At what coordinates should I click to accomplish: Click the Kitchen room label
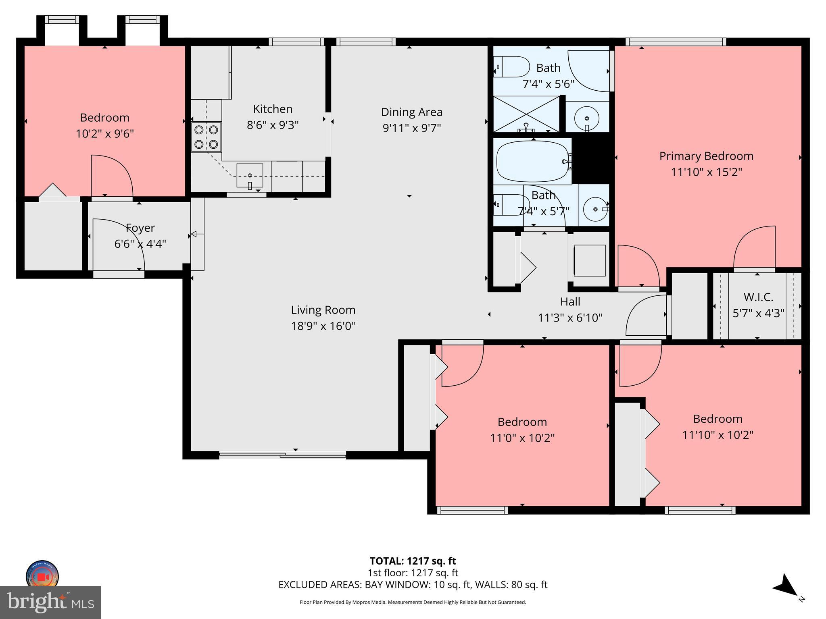click(x=273, y=109)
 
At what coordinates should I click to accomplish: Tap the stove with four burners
click(x=206, y=137)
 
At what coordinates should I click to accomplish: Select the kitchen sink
click(x=250, y=176)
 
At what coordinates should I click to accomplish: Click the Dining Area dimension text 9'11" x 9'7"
click(x=411, y=128)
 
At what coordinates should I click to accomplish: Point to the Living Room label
click(x=323, y=310)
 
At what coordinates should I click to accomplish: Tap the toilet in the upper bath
click(x=511, y=67)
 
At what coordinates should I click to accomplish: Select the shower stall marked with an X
click(x=526, y=114)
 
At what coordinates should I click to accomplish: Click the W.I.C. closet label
click(x=758, y=297)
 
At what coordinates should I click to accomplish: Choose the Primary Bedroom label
click(x=706, y=156)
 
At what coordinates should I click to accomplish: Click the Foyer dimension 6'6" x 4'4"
click(x=140, y=244)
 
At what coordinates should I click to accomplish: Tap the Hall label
click(x=570, y=301)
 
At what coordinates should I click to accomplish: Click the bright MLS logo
click(x=50, y=602)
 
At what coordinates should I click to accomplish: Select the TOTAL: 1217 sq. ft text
click(x=413, y=561)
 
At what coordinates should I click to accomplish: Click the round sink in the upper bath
click(x=586, y=118)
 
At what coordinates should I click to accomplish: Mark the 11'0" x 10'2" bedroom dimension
click(x=522, y=438)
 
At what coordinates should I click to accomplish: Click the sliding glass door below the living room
click(x=282, y=455)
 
